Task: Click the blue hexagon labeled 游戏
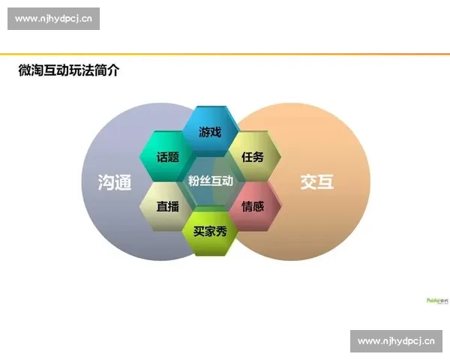click(x=211, y=131)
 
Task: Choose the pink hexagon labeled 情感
click(x=253, y=205)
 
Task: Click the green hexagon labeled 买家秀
click(x=211, y=230)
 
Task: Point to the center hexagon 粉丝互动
click(x=211, y=181)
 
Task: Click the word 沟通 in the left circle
click(x=115, y=182)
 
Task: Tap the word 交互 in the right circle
click(x=316, y=181)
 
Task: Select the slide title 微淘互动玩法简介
click(x=68, y=71)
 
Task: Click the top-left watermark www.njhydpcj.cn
click(x=54, y=19)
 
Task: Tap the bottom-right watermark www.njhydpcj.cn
click(x=396, y=341)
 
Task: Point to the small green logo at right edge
click(x=437, y=300)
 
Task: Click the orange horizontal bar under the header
click(x=225, y=52)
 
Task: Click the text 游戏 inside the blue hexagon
click(x=211, y=132)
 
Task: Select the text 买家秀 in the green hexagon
click(x=211, y=231)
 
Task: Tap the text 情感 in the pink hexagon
click(x=253, y=205)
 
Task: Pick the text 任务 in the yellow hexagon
click(x=253, y=157)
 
